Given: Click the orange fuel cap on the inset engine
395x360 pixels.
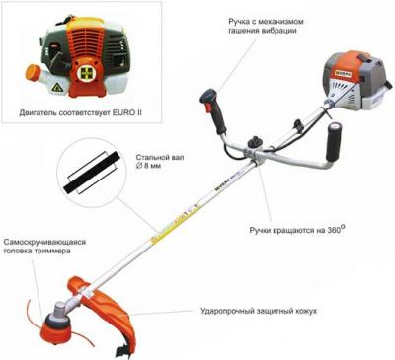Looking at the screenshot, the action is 32,72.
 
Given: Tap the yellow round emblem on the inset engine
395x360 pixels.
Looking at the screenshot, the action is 85,72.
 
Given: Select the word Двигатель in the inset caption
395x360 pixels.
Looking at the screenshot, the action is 38,113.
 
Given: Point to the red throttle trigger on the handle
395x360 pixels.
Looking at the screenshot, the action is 208,108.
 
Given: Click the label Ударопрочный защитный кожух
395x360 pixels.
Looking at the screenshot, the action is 259,311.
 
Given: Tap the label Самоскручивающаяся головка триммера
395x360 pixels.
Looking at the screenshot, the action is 44,247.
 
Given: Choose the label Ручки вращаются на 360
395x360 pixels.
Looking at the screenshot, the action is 297,229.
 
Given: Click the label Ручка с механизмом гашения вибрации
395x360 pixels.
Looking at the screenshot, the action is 266,26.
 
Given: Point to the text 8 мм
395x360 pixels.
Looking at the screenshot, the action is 152,166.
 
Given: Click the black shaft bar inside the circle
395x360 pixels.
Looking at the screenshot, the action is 91,173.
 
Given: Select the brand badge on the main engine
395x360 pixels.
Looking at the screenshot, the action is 343,74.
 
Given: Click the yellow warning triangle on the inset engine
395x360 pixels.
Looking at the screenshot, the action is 56,88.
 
